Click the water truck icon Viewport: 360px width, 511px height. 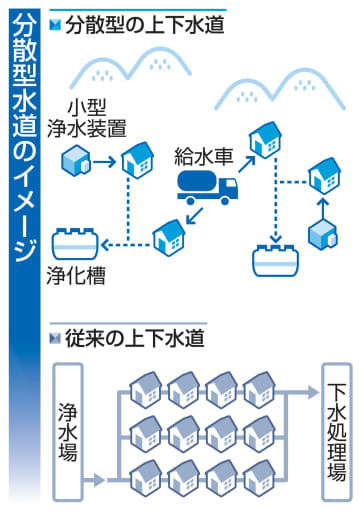[207, 184]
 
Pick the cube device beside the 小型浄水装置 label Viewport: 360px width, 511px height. [76, 158]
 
